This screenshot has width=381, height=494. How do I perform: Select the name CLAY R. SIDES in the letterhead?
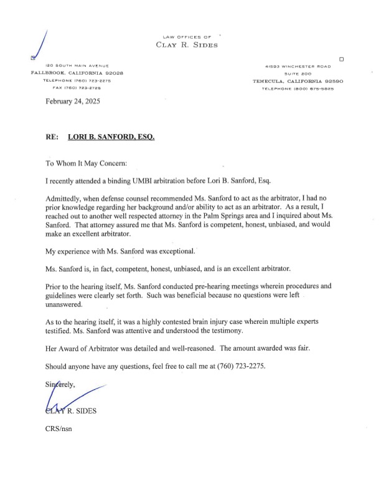click(187, 44)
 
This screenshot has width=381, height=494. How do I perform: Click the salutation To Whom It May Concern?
click(87, 163)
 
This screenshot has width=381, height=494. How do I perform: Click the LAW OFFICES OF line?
click(187, 36)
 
